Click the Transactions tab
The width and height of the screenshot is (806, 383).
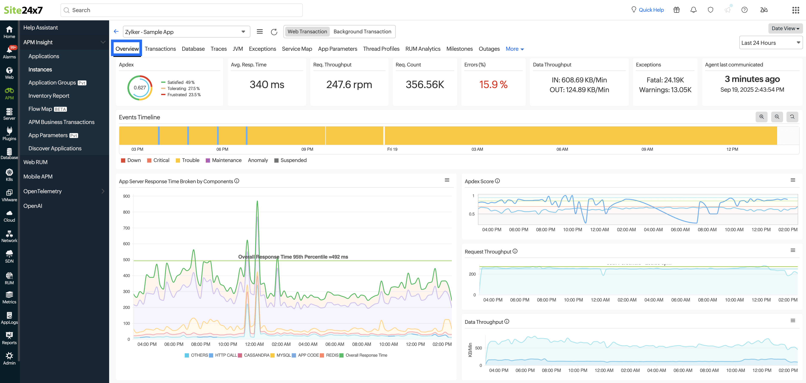[x=160, y=49]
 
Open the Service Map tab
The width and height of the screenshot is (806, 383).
[x=297, y=49]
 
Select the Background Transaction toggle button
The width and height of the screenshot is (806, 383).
[x=362, y=32]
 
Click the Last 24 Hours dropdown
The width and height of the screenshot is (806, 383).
[x=770, y=43]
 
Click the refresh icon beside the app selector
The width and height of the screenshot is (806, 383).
[x=274, y=32]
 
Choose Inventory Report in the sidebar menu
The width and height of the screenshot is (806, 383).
[x=49, y=96]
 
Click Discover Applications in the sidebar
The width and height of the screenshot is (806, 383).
[x=55, y=148]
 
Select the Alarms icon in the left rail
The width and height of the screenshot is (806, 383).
[x=9, y=52]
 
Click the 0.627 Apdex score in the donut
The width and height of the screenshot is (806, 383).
[x=139, y=88]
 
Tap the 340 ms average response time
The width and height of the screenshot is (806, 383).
[x=267, y=84]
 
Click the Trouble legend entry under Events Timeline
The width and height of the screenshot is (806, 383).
[x=190, y=160]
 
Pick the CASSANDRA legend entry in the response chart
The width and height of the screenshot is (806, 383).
[x=256, y=355]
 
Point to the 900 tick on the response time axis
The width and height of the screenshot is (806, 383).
[x=126, y=196]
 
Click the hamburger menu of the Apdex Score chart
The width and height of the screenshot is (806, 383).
[x=793, y=180]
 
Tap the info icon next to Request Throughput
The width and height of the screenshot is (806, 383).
[x=515, y=251]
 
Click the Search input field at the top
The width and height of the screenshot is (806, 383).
[x=182, y=10]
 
